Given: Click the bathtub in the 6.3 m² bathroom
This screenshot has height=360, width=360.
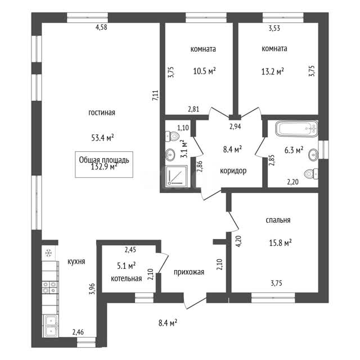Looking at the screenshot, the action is click(x=296, y=129).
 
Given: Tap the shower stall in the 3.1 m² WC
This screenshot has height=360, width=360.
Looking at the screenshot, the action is click(x=177, y=175).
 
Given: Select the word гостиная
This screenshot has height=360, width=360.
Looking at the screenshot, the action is click(x=102, y=112).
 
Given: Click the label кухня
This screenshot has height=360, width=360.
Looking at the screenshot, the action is click(x=76, y=261).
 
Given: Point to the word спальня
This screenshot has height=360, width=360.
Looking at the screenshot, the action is click(x=278, y=220).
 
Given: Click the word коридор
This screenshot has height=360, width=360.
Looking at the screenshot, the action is click(x=233, y=171).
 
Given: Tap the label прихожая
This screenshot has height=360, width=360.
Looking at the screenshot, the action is click(x=189, y=272).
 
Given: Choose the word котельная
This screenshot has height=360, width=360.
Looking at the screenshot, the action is click(x=126, y=279).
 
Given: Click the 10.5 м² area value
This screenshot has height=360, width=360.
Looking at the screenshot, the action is click(x=204, y=71).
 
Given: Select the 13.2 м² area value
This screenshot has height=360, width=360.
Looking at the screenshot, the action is click(x=272, y=71).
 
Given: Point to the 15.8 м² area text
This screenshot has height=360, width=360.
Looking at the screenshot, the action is click(x=280, y=242).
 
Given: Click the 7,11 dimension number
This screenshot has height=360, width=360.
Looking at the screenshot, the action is click(x=156, y=96).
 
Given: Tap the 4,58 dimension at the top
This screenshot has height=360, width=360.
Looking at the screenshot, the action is click(x=101, y=28).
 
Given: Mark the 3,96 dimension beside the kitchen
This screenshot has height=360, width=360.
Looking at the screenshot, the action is click(x=92, y=289).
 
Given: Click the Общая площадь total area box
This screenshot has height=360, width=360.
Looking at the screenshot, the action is click(x=104, y=164).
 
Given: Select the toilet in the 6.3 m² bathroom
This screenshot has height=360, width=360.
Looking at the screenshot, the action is click(x=311, y=174).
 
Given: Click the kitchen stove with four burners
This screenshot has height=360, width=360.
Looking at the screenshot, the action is click(x=49, y=287).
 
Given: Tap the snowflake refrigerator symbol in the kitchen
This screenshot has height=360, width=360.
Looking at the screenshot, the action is click(x=48, y=253).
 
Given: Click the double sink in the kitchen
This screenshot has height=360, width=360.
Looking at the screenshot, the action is click(x=51, y=326).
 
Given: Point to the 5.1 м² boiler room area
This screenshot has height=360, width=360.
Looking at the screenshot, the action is click(x=126, y=266).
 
